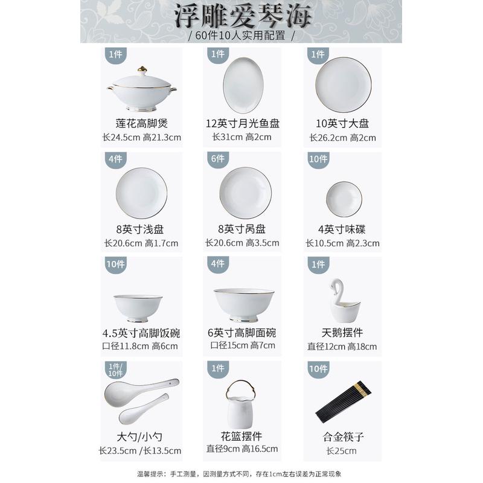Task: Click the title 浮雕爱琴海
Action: point(241,16)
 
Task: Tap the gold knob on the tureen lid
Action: point(142,69)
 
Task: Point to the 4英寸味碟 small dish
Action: point(344,199)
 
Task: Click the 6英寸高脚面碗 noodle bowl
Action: point(243,304)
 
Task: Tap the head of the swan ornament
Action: point(334,284)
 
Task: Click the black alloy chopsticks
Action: point(342,401)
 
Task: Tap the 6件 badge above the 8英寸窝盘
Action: point(217,159)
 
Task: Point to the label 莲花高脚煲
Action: point(142,124)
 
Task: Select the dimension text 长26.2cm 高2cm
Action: point(342,138)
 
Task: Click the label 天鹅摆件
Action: point(342,333)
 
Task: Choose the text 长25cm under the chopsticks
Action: point(342,450)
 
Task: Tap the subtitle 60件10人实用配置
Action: point(241,35)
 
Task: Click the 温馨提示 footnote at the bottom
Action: point(241,473)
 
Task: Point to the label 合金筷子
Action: point(342,436)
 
